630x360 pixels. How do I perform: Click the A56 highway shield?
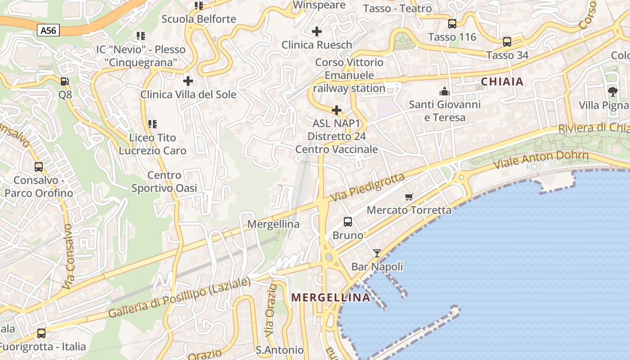click(x=48, y=31)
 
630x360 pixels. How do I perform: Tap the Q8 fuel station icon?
click(x=65, y=81)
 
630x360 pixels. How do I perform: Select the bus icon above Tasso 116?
click(x=452, y=24)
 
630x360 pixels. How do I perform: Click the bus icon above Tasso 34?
click(x=507, y=42)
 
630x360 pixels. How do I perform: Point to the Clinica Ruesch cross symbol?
click(x=317, y=31)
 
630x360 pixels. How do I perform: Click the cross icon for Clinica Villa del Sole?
click(x=188, y=81)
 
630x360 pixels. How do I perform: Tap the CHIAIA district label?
click(x=502, y=81)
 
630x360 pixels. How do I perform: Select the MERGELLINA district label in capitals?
click(x=331, y=297)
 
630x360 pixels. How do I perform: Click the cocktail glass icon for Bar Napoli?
click(x=377, y=253)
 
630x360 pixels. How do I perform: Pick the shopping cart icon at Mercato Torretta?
click(x=409, y=197)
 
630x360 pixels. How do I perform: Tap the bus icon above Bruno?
click(x=348, y=222)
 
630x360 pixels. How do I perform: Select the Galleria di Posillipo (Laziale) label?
click(x=179, y=298)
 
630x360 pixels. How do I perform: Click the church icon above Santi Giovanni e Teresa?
click(x=445, y=91)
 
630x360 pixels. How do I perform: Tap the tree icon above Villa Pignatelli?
click(x=612, y=92)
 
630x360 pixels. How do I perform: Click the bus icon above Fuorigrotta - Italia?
click(x=41, y=333)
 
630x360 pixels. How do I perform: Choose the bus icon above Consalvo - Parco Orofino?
click(x=39, y=167)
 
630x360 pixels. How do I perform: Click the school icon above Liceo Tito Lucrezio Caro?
click(x=153, y=124)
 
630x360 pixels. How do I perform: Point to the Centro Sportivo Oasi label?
click(x=164, y=181)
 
